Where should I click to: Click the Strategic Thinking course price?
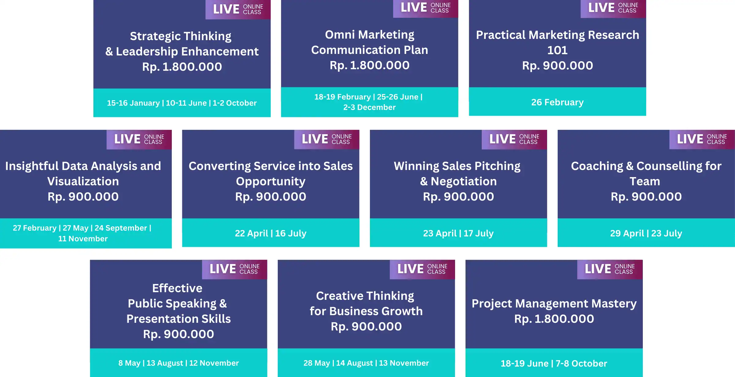click(182, 67)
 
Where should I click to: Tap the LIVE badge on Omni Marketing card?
click(425, 8)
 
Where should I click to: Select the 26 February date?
click(557, 102)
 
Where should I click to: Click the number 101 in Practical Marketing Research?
click(557, 50)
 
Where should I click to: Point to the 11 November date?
click(83, 239)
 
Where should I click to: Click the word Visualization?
click(83, 181)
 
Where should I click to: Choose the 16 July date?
click(291, 233)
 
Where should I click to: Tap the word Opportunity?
click(271, 182)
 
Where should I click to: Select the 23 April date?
click(440, 233)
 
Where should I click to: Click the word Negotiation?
click(464, 181)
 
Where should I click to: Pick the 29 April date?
click(627, 233)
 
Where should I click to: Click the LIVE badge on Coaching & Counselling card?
click(702, 139)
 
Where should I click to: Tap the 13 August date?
click(165, 363)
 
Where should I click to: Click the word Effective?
click(177, 288)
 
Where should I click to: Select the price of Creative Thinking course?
click(366, 326)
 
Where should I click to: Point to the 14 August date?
click(355, 363)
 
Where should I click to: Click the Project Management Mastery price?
click(554, 319)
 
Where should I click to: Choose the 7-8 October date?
click(581, 364)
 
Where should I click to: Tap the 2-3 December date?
click(369, 107)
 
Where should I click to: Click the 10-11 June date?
click(186, 103)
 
